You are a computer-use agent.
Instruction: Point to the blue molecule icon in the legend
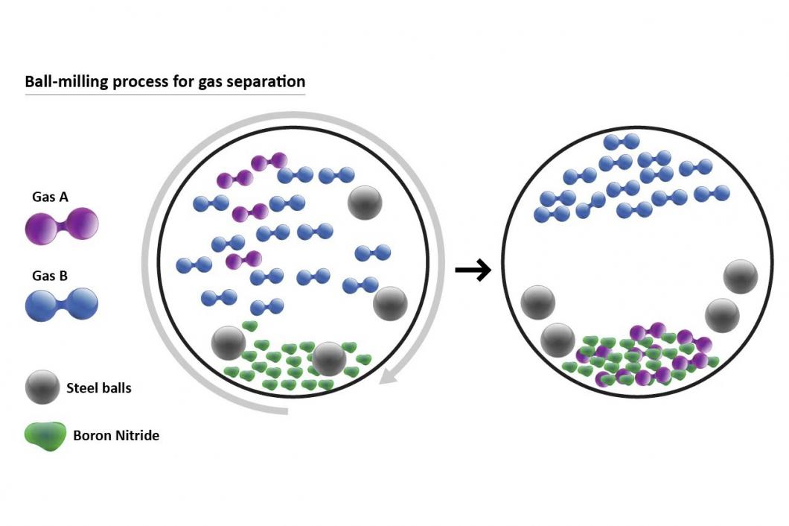(61, 304)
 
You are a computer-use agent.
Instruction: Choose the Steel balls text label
(99, 388)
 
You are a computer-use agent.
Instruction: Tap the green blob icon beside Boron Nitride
(45, 436)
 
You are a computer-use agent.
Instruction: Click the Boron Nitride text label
(116, 436)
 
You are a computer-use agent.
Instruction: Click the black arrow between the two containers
(473, 270)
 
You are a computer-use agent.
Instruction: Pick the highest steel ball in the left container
(365, 201)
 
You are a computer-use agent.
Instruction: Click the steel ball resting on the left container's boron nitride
(328, 359)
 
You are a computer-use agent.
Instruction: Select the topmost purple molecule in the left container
(269, 161)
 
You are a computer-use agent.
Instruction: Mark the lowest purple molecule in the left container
(243, 259)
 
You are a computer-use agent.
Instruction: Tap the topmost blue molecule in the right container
(621, 141)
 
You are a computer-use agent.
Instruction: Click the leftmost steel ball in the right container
(537, 302)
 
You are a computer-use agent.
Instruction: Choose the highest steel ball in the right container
(740, 276)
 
